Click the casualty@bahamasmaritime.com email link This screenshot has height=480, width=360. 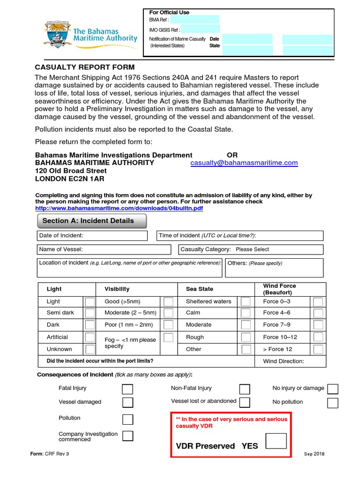pyautogui.click(x=244, y=163)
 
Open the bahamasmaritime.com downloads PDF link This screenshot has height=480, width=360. pyautogui.click(x=119, y=208)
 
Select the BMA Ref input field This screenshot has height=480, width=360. pyautogui.click(x=195, y=20)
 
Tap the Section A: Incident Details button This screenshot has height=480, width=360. pyautogui.click(x=91, y=221)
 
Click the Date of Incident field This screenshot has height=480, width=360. pyautogui.click(x=92, y=235)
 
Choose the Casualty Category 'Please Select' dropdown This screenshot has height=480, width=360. pyautogui.click(x=252, y=249)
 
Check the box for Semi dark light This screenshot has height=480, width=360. pyautogui.click(x=90, y=313)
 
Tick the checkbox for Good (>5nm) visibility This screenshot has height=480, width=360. pyautogui.click(x=168, y=301)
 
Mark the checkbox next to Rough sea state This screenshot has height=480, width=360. pyautogui.click(x=245, y=337)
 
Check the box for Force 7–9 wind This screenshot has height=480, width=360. pyautogui.click(x=318, y=325)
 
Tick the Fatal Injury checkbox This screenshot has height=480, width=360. pyautogui.click(x=127, y=389)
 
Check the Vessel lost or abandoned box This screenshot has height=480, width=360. pyautogui.click(x=244, y=402)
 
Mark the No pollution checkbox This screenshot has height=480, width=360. pyautogui.click(x=333, y=403)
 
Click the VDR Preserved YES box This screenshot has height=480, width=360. pyautogui.click(x=276, y=441)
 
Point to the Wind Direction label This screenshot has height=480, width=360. pyautogui.click(x=284, y=361)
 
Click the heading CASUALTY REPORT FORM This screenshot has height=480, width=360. pyautogui.click(x=85, y=67)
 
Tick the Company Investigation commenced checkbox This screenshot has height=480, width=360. pyautogui.click(x=127, y=435)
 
